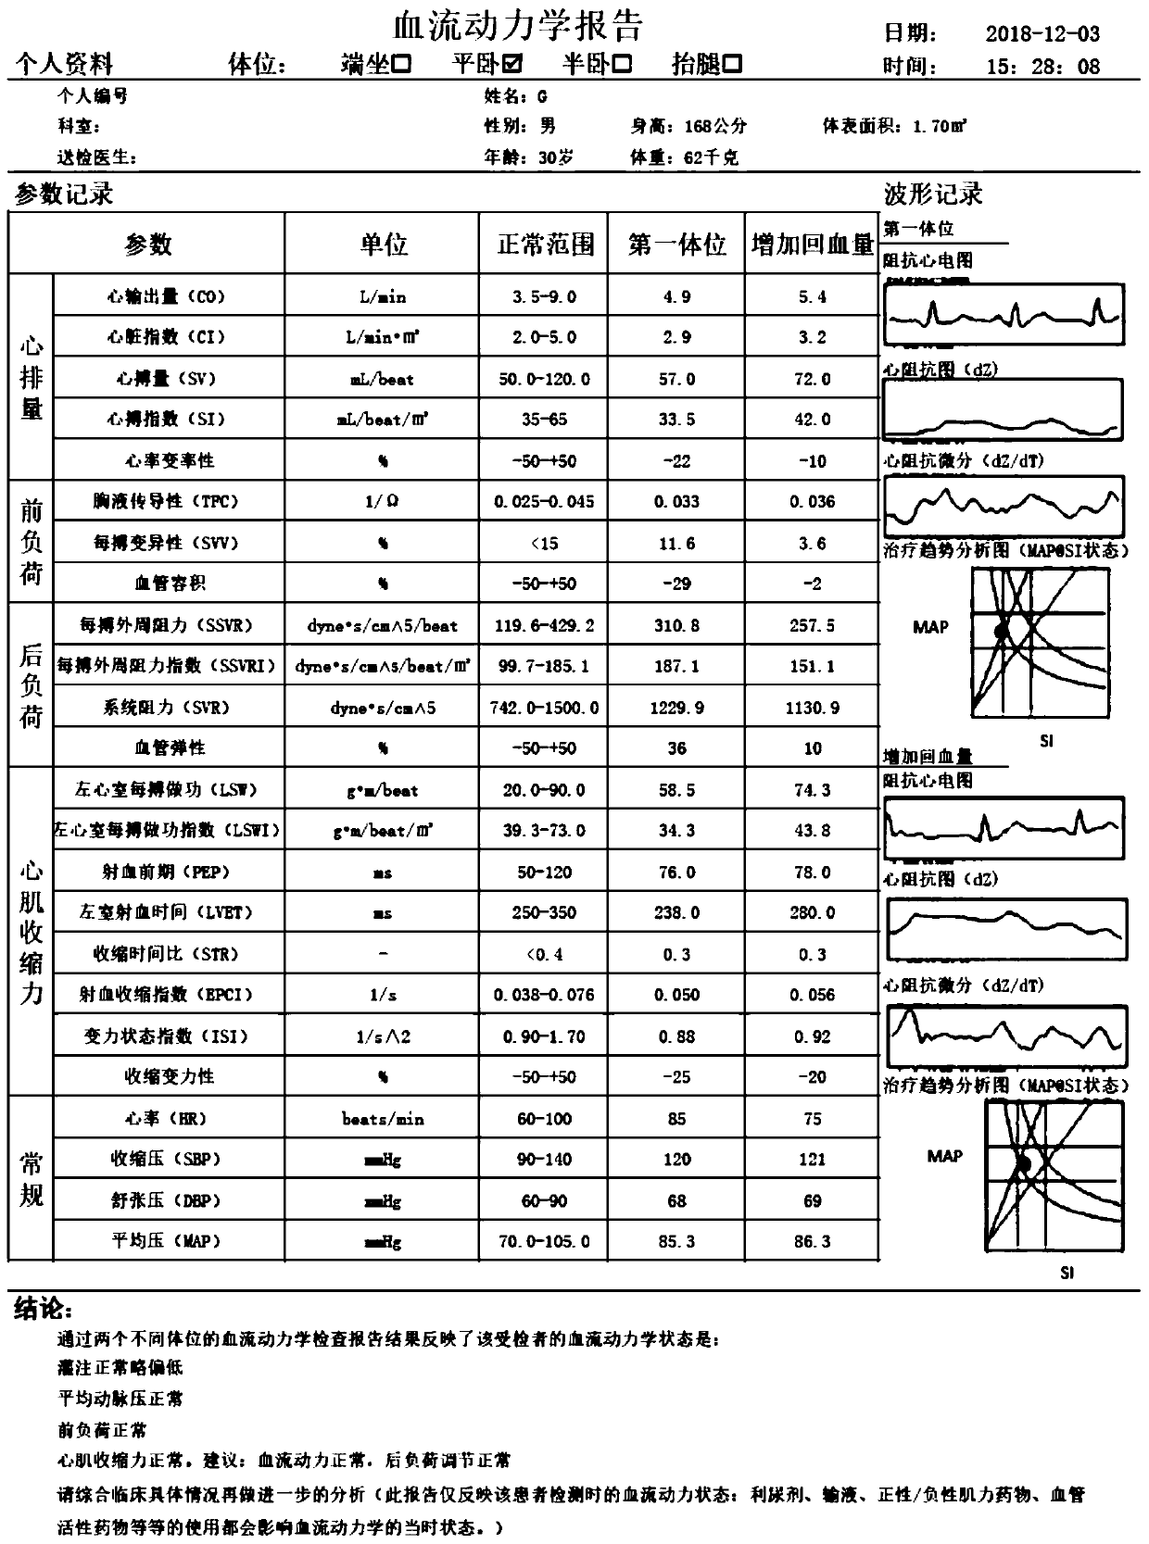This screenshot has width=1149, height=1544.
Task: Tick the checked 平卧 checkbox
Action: (x=512, y=64)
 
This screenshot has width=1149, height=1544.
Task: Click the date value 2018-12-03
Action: (x=1042, y=34)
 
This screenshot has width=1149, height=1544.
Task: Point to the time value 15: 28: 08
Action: (x=1042, y=67)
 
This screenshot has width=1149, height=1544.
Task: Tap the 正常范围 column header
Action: (x=545, y=245)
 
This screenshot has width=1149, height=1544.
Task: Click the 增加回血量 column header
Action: (x=813, y=245)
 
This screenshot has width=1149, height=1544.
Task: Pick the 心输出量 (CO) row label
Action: (x=166, y=296)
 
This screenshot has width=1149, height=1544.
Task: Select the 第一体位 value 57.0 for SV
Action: (x=676, y=379)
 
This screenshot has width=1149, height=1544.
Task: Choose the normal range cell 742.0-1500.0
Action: (x=545, y=708)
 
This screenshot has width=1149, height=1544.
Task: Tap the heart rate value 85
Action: (x=676, y=1119)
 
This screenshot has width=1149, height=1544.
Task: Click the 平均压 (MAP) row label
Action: (x=166, y=1241)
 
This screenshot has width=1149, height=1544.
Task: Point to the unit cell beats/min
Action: (x=383, y=1119)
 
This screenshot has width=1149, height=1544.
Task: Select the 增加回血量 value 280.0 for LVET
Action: (x=813, y=912)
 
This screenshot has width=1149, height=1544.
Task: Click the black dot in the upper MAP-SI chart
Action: (x=1001, y=631)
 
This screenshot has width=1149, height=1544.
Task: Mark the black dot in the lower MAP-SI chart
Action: (x=1024, y=1163)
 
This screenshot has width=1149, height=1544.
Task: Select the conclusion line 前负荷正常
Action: (x=102, y=1430)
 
